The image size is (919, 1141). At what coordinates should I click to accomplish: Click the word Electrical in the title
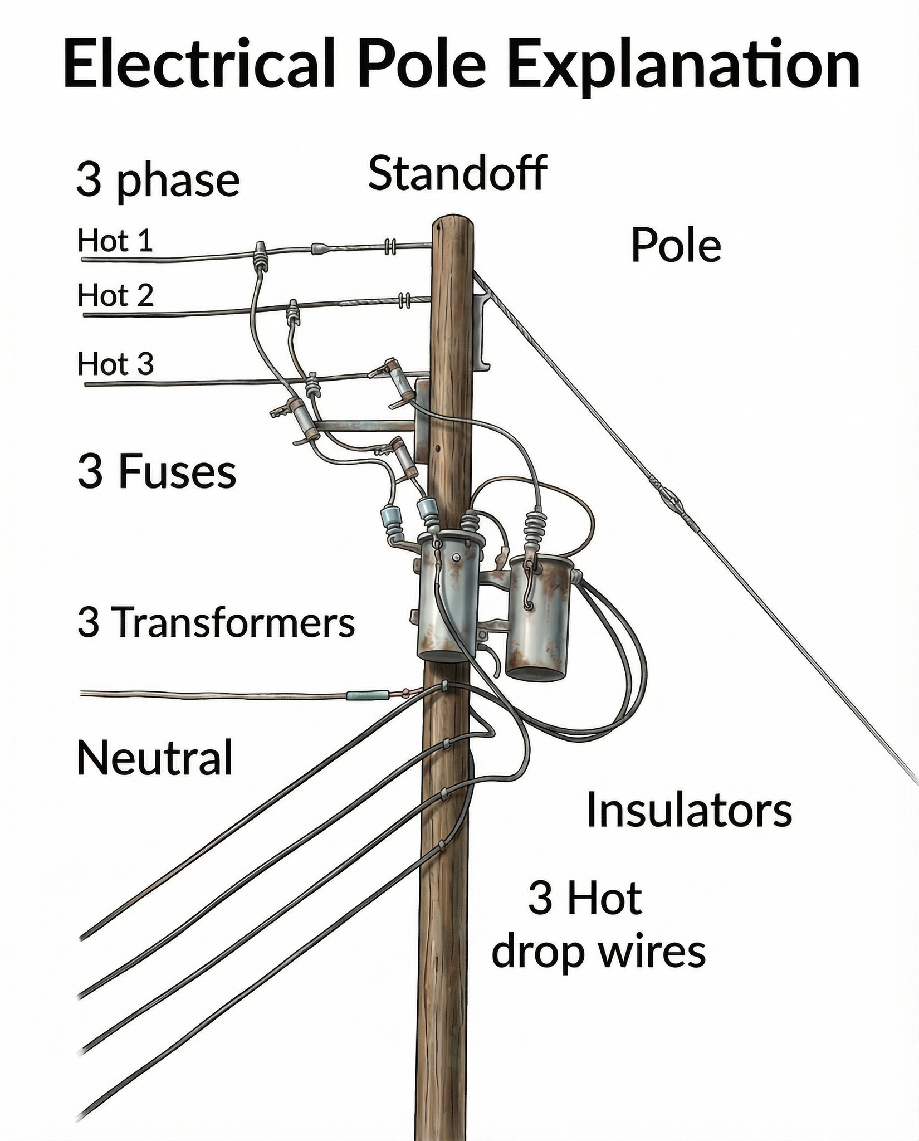pyautogui.click(x=198, y=65)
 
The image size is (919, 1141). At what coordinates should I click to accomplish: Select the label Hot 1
pyautogui.click(x=115, y=241)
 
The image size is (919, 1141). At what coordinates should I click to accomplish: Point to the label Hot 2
pyautogui.click(x=115, y=295)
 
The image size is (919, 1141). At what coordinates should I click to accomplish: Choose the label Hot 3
pyautogui.click(x=115, y=364)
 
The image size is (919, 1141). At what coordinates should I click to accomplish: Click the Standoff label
pyautogui.click(x=457, y=173)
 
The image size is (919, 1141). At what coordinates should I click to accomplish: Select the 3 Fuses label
pyautogui.click(x=157, y=471)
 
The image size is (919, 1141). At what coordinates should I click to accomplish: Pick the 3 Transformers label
pyautogui.click(x=216, y=622)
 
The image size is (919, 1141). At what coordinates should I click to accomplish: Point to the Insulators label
pyautogui.click(x=690, y=811)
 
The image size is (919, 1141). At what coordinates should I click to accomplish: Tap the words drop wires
pyautogui.click(x=599, y=952)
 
